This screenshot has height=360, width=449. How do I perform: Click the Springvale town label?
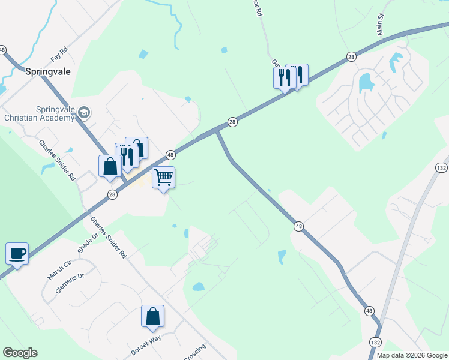[x=49, y=71]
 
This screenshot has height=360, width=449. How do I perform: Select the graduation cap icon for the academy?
[x=84, y=113]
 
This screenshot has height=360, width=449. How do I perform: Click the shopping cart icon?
[x=163, y=177]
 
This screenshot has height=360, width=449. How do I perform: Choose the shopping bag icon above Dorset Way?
[x=153, y=316]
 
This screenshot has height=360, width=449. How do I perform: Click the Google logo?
[x=20, y=353]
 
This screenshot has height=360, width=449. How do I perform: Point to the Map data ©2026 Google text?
[x=412, y=355]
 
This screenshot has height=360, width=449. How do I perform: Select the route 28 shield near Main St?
[x=351, y=56]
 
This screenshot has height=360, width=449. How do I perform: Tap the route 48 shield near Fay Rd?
[x=2, y=50]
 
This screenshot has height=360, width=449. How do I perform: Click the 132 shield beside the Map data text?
[x=375, y=342]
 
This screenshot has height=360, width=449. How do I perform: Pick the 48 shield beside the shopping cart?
[x=170, y=154]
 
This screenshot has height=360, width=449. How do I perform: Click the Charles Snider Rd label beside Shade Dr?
[x=109, y=237]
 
